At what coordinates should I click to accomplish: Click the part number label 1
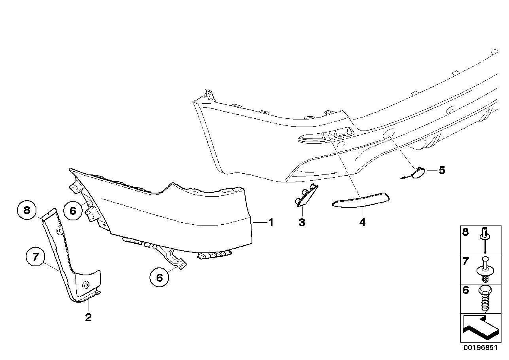[271, 223]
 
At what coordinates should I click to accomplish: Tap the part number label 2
[88, 317]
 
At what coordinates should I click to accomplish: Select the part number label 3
[302, 222]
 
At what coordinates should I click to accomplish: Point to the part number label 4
[362, 222]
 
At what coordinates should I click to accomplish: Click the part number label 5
[442, 170]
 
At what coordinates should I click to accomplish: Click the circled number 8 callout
[27, 210]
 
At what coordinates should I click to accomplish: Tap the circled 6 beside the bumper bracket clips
[73, 210]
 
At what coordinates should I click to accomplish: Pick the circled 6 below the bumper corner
[159, 277]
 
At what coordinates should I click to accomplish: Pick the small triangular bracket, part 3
[306, 195]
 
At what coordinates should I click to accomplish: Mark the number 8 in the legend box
[465, 232]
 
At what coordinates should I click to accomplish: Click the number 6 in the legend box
[465, 290]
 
